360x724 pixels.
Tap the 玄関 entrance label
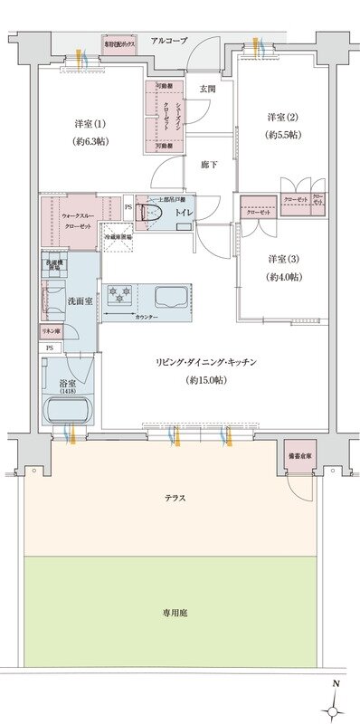[x=207, y=89]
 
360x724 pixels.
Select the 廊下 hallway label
[x=207, y=164]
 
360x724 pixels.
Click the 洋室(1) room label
[x=90, y=132]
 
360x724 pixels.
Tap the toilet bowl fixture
[x=152, y=215]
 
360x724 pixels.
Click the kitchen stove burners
[x=120, y=294]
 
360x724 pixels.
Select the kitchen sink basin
[x=169, y=296]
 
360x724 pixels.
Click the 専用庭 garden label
[x=175, y=612]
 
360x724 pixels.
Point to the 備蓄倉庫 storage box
[x=298, y=456]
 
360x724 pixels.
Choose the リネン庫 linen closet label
[x=52, y=332]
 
